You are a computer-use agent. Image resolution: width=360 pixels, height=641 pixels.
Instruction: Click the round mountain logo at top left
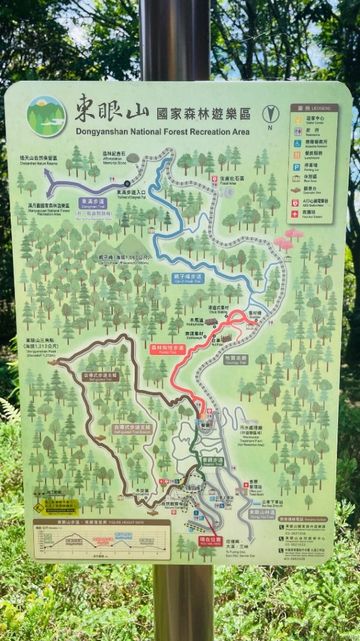point(46,116)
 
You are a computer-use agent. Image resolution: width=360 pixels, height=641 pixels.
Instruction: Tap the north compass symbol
point(271,115)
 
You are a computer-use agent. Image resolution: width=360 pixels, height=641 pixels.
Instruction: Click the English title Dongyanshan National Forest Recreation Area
point(162,132)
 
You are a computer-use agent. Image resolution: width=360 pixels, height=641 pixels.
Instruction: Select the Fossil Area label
point(227,180)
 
